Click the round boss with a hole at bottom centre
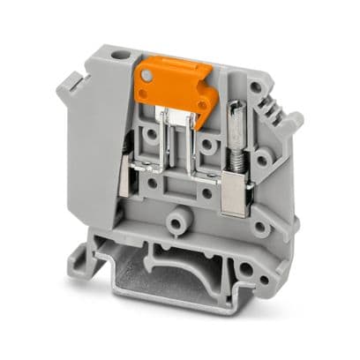181,214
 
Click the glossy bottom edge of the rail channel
176,300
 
